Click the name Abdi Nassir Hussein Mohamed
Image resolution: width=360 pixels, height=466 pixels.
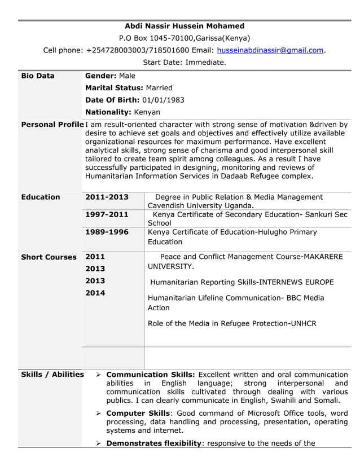tap(185, 26)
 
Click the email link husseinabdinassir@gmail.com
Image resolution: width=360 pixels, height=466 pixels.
tap(270, 50)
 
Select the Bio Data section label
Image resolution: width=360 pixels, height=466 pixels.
tap(38, 76)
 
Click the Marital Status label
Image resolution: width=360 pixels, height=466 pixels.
tap(114, 88)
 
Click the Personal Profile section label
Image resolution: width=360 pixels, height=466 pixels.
tap(52, 125)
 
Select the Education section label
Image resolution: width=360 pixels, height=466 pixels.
tap(41, 197)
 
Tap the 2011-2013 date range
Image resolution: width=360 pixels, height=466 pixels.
tap(107, 197)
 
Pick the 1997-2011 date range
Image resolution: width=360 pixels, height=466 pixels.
tap(107, 215)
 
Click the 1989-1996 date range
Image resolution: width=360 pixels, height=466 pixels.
tap(107, 232)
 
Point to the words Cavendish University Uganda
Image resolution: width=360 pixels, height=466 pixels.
tap(200, 206)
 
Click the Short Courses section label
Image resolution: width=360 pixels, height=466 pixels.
tap(49, 257)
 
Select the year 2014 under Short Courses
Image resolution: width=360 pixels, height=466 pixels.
tap(95, 293)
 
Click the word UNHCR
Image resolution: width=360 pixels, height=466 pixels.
tap(303, 324)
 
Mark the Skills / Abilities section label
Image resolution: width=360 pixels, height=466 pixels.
tap(52, 375)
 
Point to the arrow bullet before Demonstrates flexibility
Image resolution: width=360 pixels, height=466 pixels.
tap(98, 443)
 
